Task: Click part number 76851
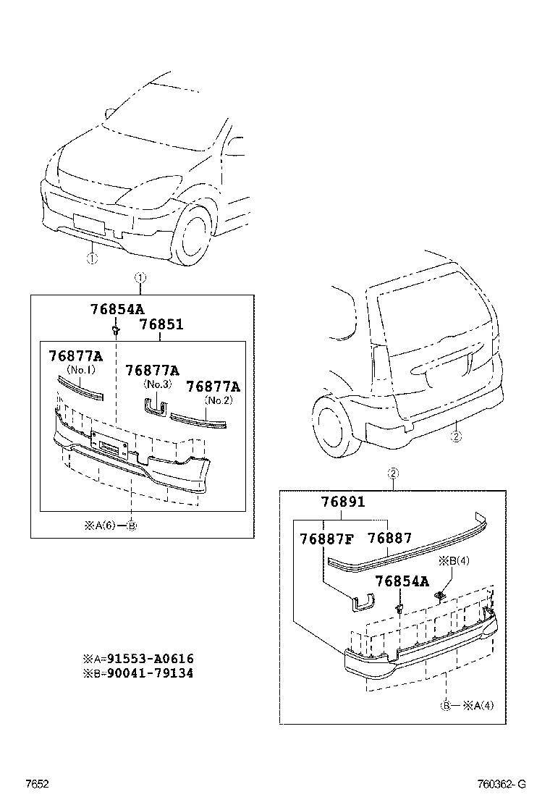click(x=161, y=325)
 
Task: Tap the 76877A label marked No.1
click(x=75, y=356)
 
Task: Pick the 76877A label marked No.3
click(x=152, y=371)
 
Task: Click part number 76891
click(x=343, y=502)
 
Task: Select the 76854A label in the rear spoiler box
click(x=401, y=581)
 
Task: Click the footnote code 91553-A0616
click(x=150, y=659)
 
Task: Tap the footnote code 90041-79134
click(x=150, y=673)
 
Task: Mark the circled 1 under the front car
click(x=92, y=258)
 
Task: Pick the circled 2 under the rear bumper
click(x=455, y=437)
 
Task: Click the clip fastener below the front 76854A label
click(x=115, y=331)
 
